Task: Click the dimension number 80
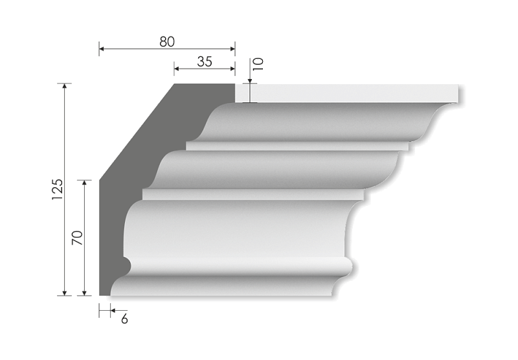(x=166, y=41)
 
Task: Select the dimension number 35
(x=204, y=62)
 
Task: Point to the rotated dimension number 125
(x=57, y=188)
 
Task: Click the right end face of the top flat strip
(x=463, y=95)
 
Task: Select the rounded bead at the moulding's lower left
(x=128, y=266)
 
